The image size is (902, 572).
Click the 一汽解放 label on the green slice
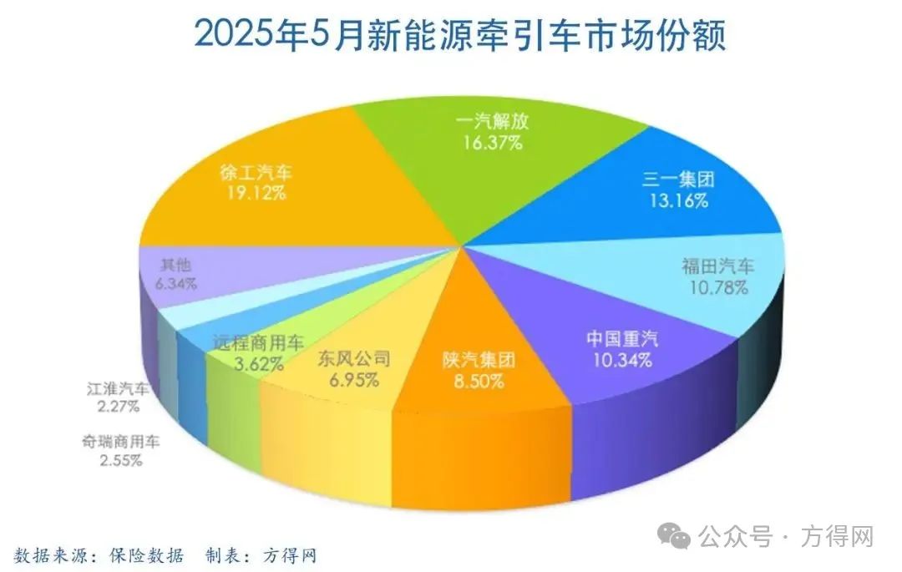[494, 123]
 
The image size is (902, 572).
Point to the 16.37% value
[494, 143]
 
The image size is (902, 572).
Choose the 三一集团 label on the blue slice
[679, 180]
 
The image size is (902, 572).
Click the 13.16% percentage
[679, 200]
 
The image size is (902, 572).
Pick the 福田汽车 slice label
[717, 267]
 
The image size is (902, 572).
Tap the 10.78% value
[717, 288]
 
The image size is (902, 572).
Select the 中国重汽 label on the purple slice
[621, 340]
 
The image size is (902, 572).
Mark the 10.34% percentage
[621, 361]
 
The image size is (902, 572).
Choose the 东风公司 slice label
[354, 359]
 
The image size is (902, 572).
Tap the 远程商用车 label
[258, 342]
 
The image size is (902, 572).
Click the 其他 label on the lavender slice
[173, 265]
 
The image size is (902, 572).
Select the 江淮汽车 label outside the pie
[118, 388]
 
